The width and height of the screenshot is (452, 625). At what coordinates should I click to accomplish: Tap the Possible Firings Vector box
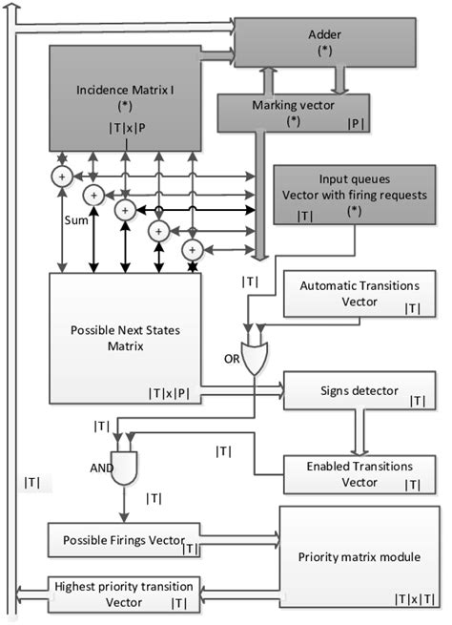pyautogui.click(x=124, y=540)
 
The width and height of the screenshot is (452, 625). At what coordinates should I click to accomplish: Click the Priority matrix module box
pyautogui.click(x=359, y=558)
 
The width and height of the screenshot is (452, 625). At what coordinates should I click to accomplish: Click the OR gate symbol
pyautogui.click(x=256, y=358)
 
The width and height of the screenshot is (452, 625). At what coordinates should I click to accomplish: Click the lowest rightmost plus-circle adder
pyautogui.click(x=192, y=248)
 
